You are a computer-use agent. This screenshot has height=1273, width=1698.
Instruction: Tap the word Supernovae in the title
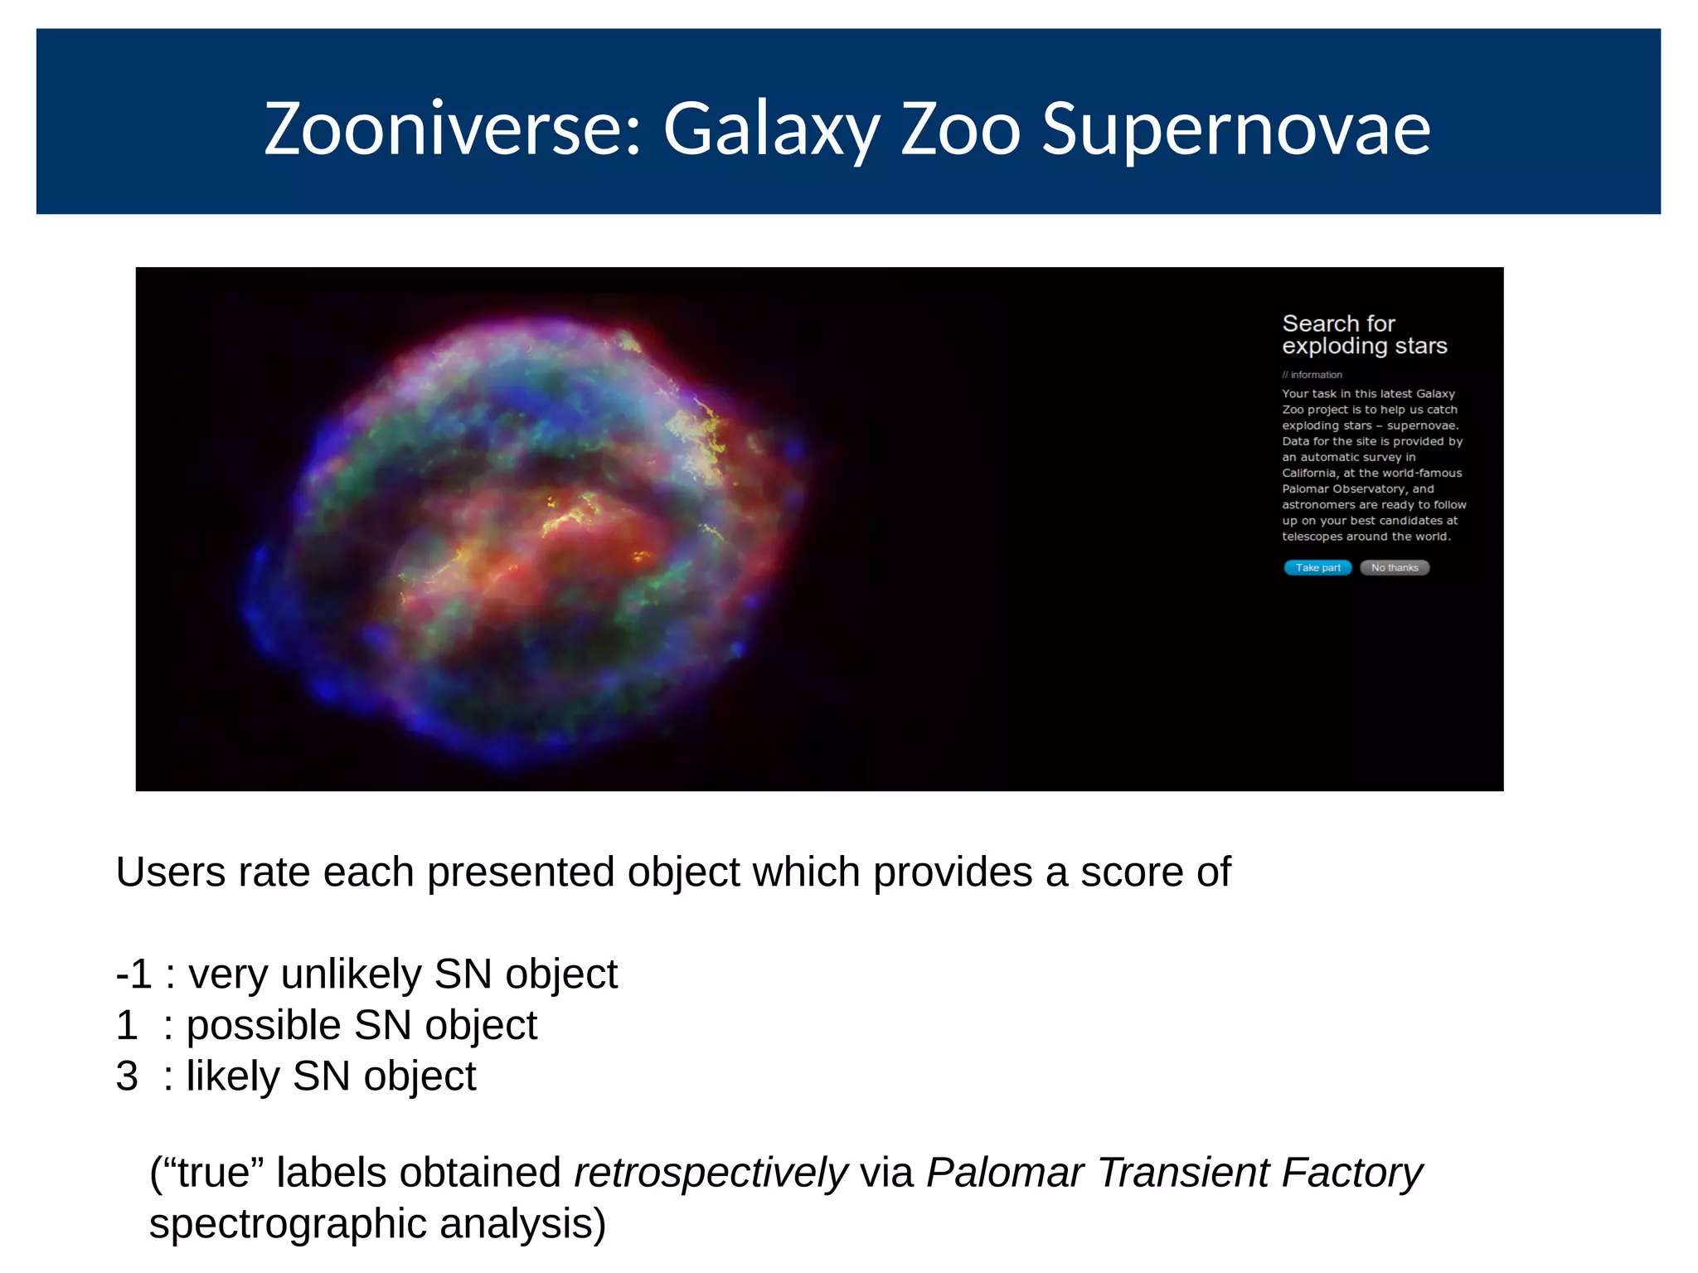click(1236, 129)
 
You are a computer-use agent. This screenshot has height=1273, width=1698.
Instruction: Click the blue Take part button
click(1317, 567)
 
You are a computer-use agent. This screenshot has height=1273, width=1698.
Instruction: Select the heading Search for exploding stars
click(1364, 334)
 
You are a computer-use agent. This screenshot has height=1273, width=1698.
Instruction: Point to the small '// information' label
click(1312, 375)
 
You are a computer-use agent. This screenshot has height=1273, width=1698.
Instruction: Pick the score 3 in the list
click(127, 1076)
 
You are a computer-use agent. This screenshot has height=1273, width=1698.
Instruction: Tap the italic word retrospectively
click(711, 1173)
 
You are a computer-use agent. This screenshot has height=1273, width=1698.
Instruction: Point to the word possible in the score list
click(264, 1026)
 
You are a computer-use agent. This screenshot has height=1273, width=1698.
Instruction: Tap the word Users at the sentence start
click(170, 872)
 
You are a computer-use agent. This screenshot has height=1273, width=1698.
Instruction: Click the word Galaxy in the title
click(771, 129)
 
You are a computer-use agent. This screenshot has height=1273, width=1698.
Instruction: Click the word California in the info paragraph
click(1309, 473)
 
